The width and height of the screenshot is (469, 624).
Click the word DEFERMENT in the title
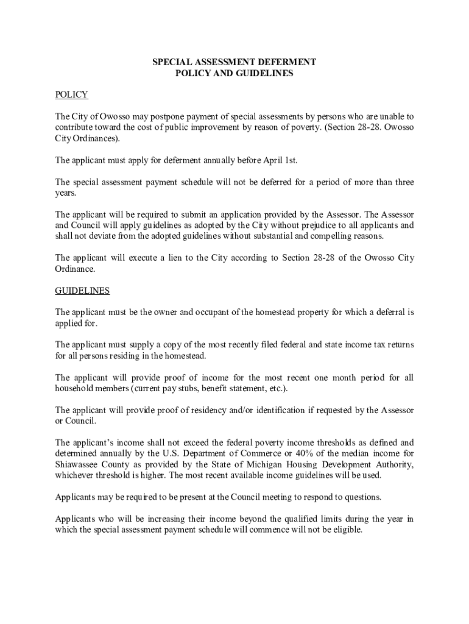[x=287, y=62]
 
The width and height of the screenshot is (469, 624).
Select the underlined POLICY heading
[x=71, y=94]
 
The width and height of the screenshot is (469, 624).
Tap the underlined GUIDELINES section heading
[x=82, y=291]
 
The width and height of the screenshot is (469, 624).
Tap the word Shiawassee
[x=78, y=464]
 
